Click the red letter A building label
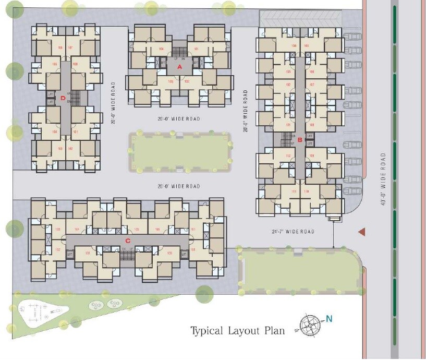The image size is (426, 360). coord(179,67)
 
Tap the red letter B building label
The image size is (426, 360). coord(299,139)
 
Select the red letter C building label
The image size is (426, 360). coord(127,240)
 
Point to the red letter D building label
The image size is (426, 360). coord(63,98)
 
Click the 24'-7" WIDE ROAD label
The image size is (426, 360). coord(293,232)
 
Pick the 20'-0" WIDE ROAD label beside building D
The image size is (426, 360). coord(113,103)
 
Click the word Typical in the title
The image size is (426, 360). coord(207,330)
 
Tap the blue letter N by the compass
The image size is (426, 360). coord(329,319)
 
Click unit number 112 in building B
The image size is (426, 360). coord(287,156)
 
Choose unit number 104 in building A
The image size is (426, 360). coord(162,49)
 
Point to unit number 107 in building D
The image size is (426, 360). coord(70,49)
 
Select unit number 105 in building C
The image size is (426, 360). coord(137,229)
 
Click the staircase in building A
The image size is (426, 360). coord(179,53)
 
